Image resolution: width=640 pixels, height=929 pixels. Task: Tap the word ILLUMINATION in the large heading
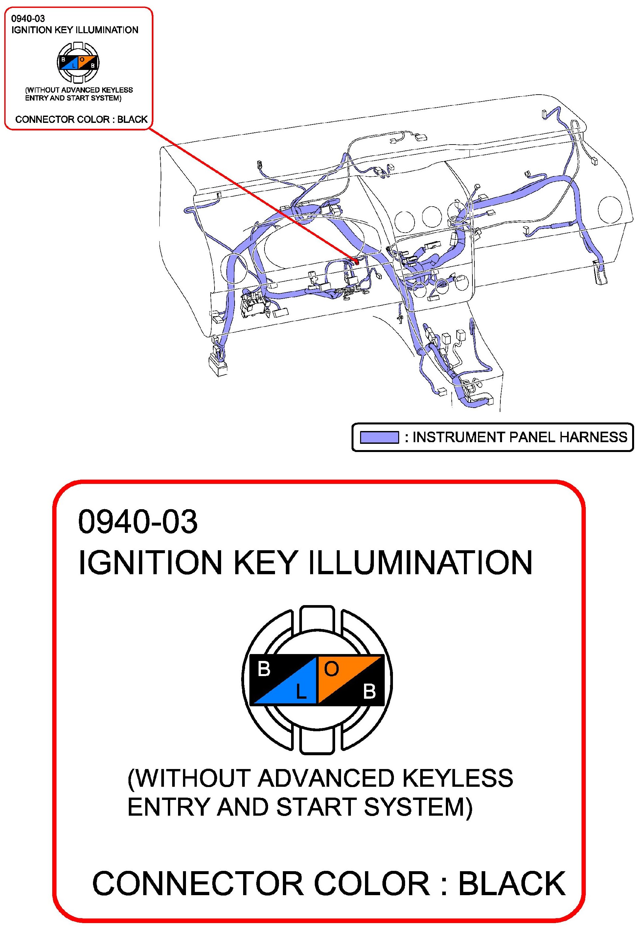[x=420, y=562]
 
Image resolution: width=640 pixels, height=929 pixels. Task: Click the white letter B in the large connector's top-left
[x=264, y=669]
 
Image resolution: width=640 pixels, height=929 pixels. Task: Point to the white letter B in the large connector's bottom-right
[x=369, y=691]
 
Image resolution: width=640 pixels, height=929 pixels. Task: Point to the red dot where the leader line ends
[x=356, y=261]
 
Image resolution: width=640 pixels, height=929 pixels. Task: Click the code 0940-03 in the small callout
[x=28, y=18]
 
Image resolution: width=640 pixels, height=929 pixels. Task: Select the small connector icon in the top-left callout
[x=78, y=62]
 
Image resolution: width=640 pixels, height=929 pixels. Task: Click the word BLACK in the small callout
[x=132, y=119]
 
